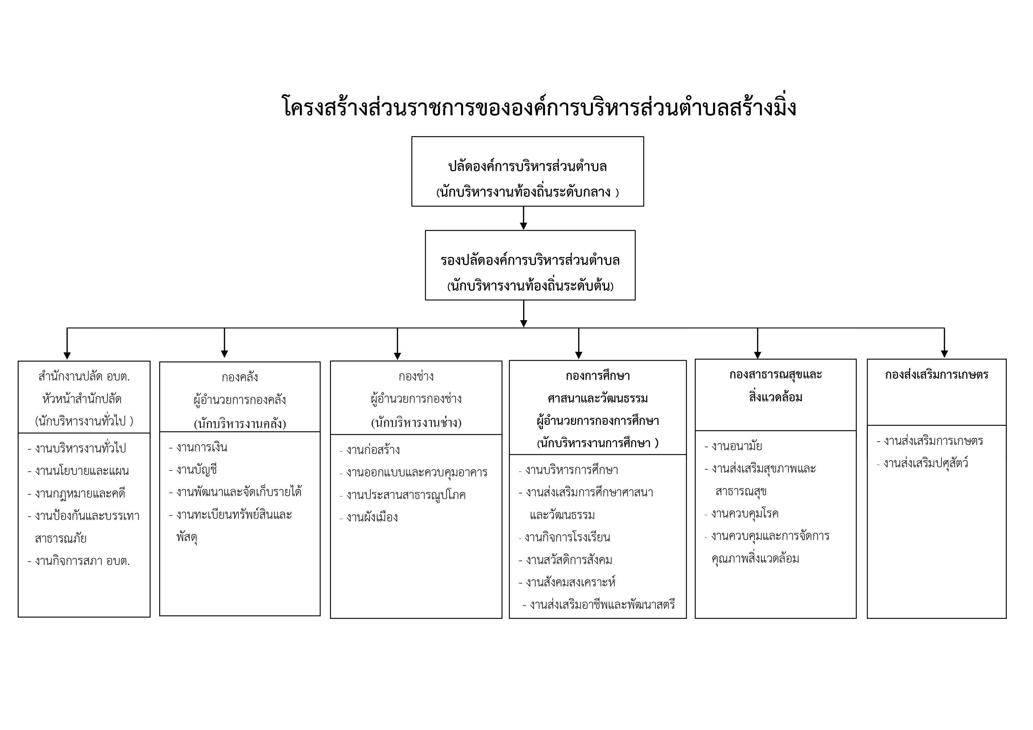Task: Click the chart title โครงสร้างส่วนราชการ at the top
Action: coord(539,107)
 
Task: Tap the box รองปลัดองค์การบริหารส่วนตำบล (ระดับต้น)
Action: coord(530,265)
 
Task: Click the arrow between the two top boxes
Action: coord(523,218)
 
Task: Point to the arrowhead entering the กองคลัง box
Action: coord(225,354)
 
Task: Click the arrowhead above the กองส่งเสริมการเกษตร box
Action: coord(944,354)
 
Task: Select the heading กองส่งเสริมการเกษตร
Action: coord(936,375)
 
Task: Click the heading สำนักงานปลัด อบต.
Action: coord(84,376)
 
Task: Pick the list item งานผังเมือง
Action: coord(369,517)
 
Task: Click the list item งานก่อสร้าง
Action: coord(370,450)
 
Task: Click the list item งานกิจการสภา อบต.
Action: coord(79,561)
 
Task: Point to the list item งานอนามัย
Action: coord(733,446)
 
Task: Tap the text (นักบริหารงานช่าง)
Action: coord(416,422)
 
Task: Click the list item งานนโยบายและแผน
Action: coord(78,471)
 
